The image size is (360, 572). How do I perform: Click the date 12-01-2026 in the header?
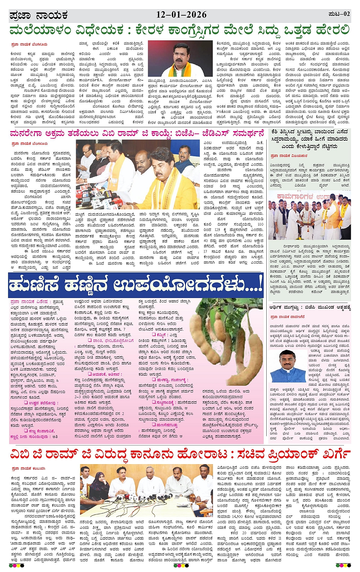tap(181, 15)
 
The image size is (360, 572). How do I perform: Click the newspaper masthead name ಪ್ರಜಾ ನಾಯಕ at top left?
tap(38, 16)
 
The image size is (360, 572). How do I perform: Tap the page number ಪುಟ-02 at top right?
tap(339, 14)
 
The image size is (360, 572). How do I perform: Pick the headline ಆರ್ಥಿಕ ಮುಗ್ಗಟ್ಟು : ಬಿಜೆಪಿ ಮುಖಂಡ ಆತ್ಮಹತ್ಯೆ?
tap(310, 307)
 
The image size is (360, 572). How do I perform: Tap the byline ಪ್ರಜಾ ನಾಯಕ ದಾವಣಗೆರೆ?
tap(287, 317)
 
